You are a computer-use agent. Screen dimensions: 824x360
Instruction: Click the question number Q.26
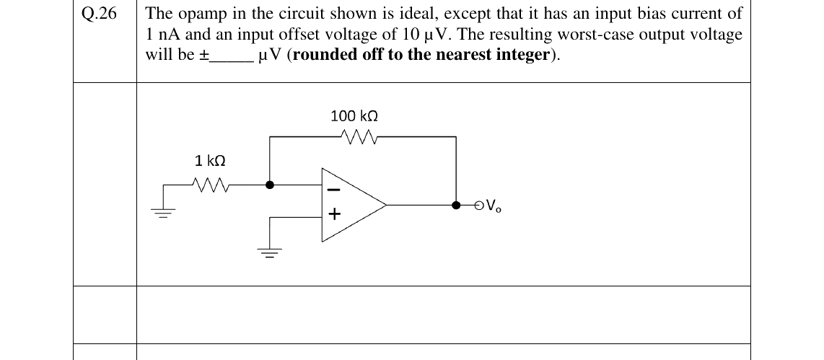(x=100, y=14)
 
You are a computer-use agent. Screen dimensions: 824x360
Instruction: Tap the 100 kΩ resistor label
(x=354, y=115)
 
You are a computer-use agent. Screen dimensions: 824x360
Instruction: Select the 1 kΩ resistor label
(x=210, y=160)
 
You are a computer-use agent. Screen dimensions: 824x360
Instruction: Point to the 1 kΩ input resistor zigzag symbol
(x=210, y=185)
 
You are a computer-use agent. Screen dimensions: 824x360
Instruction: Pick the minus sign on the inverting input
(x=335, y=189)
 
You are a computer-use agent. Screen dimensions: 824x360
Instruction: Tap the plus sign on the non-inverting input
(x=335, y=214)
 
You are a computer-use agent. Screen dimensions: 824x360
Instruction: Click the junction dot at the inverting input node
(x=270, y=185)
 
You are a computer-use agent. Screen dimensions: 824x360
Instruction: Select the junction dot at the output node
(x=456, y=205)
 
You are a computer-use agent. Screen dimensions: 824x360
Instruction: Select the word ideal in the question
(x=416, y=14)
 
